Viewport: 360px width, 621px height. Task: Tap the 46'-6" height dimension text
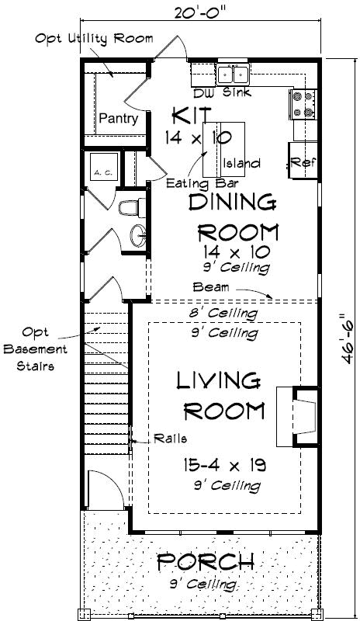344,335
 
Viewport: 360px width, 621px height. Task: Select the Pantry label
118,120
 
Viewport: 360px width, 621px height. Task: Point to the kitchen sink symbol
233,75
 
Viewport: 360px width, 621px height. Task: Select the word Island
241,164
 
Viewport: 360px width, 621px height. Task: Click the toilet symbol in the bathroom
128,208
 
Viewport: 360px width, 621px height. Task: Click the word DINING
233,203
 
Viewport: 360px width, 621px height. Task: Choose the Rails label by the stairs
169,438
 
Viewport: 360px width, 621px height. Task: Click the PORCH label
206,560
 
